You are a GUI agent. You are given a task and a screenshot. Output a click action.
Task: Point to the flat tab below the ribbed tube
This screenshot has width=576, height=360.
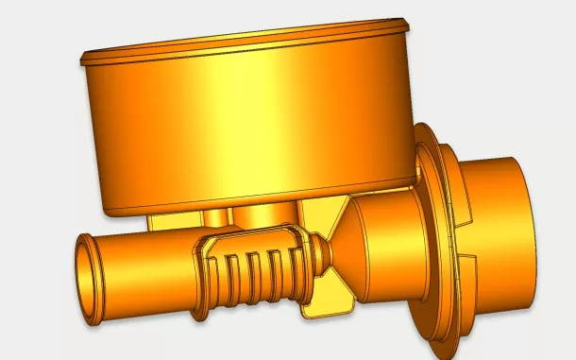click(x=326, y=302)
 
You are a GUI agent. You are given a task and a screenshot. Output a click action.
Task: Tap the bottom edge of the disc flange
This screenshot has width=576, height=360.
click(x=438, y=335)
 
